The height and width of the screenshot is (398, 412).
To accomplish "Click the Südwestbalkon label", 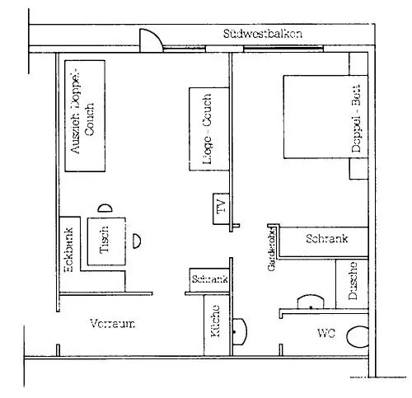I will (x=263, y=35).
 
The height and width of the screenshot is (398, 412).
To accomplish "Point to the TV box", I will (x=220, y=209).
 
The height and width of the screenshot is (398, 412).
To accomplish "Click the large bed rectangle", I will (x=317, y=116).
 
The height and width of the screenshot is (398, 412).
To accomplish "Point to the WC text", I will (x=327, y=334).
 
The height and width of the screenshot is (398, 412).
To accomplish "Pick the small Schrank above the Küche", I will (x=208, y=280).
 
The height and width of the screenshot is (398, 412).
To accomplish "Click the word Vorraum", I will (x=111, y=324).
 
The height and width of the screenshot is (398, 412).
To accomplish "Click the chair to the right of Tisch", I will (x=137, y=241).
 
